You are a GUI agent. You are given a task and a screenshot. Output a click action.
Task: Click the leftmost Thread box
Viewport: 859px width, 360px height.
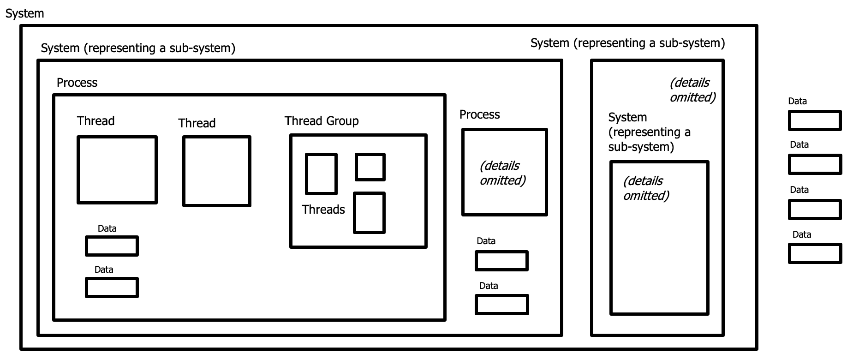click(x=117, y=169)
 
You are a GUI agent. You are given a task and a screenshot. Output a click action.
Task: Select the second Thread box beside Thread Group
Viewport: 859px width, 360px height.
click(x=216, y=171)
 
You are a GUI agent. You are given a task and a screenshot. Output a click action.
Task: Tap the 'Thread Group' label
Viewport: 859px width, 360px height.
click(x=321, y=121)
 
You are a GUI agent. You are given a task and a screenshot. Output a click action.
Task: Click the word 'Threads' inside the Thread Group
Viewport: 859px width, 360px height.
click(x=323, y=210)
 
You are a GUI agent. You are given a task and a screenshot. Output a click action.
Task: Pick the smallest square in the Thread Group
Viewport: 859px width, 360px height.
click(x=370, y=167)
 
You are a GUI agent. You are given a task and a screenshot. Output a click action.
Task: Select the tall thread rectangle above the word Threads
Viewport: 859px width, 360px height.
click(x=321, y=174)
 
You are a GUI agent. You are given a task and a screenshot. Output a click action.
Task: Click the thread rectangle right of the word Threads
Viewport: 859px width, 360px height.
click(x=369, y=213)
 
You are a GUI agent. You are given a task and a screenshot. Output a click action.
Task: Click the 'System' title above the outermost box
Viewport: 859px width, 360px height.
click(x=24, y=13)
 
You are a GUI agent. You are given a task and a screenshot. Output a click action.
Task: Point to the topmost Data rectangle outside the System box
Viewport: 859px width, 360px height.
click(x=814, y=120)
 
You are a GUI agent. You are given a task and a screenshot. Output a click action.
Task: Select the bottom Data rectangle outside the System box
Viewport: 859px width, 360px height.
click(x=814, y=253)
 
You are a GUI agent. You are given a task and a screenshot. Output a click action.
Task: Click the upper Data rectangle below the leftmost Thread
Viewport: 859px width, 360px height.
click(x=112, y=246)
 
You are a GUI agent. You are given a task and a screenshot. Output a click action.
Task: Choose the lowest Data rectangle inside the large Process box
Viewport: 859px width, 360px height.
click(x=112, y=287)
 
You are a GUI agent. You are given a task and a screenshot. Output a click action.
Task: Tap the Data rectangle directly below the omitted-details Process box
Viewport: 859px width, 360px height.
click(x=501, y=261)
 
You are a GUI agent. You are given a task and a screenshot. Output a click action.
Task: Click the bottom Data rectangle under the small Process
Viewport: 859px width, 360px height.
click(x=501, y=305)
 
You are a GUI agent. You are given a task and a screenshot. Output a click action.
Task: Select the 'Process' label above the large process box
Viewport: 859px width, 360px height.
click(x=77, y=83)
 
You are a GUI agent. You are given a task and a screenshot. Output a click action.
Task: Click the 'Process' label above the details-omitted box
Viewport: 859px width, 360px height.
click(x=479, y=114)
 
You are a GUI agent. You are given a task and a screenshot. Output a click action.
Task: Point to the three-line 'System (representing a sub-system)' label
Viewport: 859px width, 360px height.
click(x=649, y=132)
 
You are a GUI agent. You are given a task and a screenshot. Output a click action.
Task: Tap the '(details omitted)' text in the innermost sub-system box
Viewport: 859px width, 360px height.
click(x=645, y=188)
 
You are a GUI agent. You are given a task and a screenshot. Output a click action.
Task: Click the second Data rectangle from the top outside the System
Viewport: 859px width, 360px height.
click(x=814, y=164)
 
